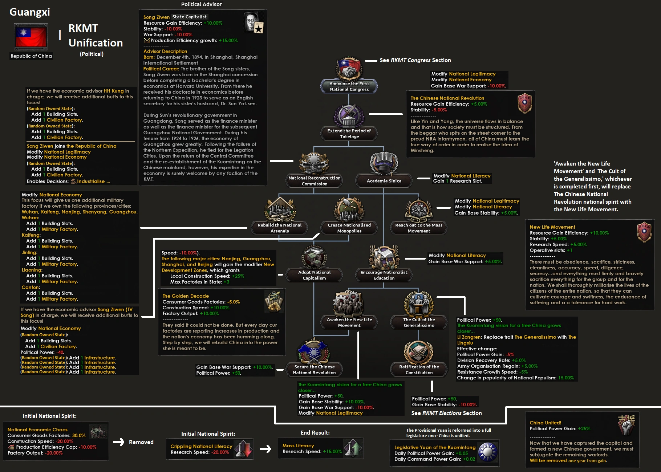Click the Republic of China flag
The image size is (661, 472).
31,37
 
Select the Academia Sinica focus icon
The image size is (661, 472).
384,163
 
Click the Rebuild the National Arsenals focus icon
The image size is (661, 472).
279,209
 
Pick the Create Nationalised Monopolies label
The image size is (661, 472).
349,228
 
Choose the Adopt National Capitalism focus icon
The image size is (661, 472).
314,257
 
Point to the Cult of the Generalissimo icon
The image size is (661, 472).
419,304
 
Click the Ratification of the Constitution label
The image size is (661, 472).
419,370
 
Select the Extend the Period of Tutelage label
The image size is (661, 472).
349,134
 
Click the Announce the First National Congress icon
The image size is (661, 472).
349,69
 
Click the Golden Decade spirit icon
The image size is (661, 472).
274,301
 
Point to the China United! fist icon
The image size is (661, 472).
626,425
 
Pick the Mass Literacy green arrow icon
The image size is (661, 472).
352,448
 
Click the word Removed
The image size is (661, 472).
141,442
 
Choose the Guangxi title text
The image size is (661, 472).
30,12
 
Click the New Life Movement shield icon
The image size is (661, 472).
644,232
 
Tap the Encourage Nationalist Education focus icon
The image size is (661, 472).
384,257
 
